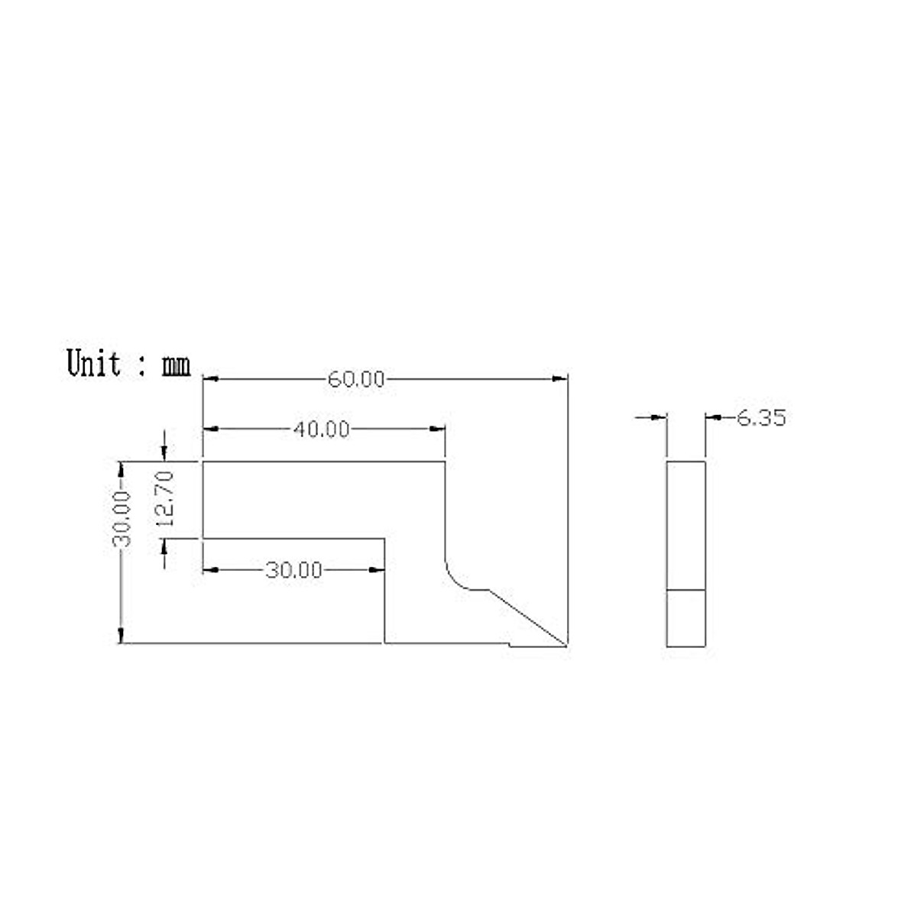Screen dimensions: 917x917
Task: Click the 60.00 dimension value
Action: pos(356,379)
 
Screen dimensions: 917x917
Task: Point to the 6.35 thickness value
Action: pos(761,418)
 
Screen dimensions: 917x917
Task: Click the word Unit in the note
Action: pos(94,363)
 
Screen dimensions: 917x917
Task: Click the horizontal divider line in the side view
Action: pos(686,590)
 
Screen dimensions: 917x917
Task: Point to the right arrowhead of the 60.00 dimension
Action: pos(562,378)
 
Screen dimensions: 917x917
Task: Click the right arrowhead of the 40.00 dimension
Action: pos(439,429)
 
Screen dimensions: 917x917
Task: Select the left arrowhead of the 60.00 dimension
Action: pos(209,378)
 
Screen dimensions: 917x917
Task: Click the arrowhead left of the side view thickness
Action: pos(659,417)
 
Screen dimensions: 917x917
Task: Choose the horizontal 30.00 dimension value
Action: pos(293,570)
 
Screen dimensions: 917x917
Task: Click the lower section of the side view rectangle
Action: pos(686,618)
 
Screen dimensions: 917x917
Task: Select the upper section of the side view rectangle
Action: pos(686,525)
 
